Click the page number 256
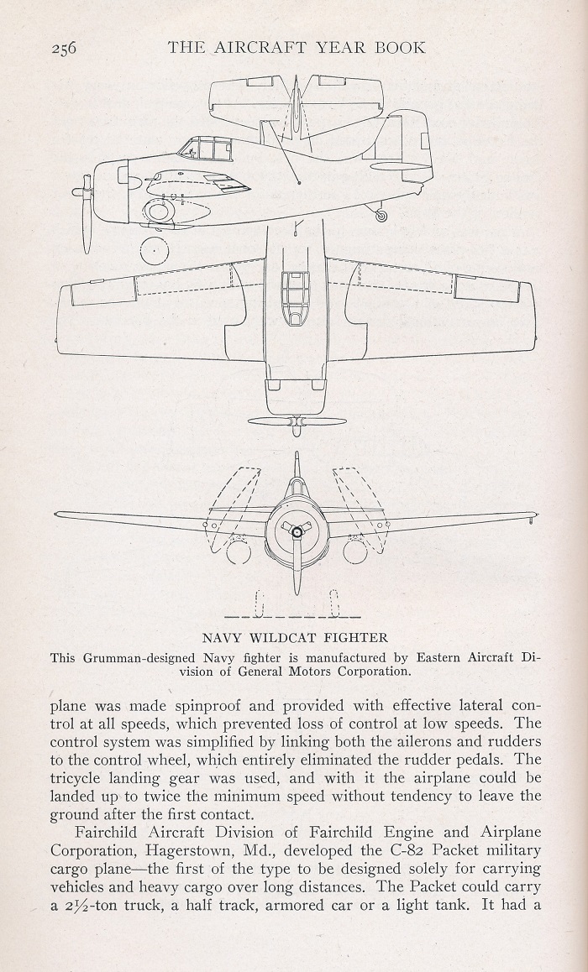pos(64,48)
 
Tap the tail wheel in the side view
pos(381,215)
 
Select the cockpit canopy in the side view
pos(205,149)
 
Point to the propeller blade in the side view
pos(87,215)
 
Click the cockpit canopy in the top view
pos(295,297)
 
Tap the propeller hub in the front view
pos(297,531)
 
